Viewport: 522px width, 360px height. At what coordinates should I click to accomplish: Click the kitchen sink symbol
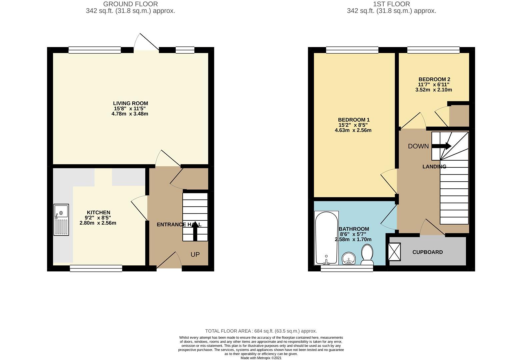click(61, 220)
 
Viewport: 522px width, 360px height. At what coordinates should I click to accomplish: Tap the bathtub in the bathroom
click(326, 238)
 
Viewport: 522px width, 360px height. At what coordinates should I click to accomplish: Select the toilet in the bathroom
click(367, 254)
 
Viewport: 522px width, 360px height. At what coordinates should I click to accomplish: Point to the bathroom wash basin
click(349, 259)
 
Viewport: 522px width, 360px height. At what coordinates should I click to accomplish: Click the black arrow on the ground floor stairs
click(195, 231)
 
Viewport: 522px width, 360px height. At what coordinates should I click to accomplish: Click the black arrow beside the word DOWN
click(441, 146)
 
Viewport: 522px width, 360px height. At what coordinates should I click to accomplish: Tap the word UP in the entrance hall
click(195, 254)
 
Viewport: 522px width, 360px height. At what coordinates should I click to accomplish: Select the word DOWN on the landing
click(418, 146)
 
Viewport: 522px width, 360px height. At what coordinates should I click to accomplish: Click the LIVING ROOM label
click(131, 103)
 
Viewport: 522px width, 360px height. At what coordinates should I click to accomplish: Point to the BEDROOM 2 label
click(434, 79)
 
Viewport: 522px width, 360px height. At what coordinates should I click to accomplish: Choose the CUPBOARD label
click(428, 252)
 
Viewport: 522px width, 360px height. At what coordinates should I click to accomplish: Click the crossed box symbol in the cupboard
click(395, 252)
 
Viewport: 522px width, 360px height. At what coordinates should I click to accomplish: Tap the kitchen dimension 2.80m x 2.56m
click(98, 223)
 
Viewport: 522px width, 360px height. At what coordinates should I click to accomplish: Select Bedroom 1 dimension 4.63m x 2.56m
click(353, 130)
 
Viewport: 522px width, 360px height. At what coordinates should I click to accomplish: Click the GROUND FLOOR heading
click(131, 4)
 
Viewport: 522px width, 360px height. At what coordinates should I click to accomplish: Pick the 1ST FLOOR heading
click(391, 4)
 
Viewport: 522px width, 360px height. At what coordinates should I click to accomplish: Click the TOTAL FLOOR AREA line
click(261, 331)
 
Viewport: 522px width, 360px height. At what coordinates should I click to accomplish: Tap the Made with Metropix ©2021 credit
click(261, 358)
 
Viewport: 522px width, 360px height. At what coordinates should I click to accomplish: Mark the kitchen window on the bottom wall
click(96, 268)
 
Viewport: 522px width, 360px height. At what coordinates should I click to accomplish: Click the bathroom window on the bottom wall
click(347, 268)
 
